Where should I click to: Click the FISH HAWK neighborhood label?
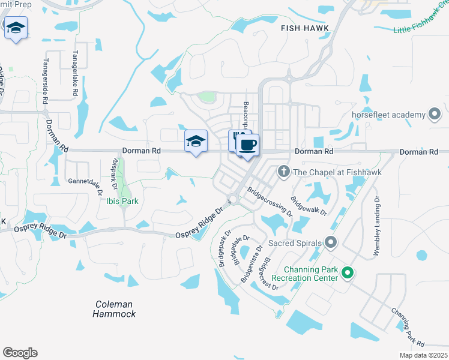pos(303,28)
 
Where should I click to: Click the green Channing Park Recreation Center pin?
pos(347,274)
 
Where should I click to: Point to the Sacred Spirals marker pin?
pos(330,242)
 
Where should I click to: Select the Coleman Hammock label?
pos(115,308)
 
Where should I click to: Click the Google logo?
pos(20,352)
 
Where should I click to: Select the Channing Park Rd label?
pos(408,328)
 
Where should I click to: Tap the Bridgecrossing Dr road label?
pos(270,203)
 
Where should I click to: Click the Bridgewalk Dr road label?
pos(309,206)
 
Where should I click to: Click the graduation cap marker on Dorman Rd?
pos(196,142)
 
